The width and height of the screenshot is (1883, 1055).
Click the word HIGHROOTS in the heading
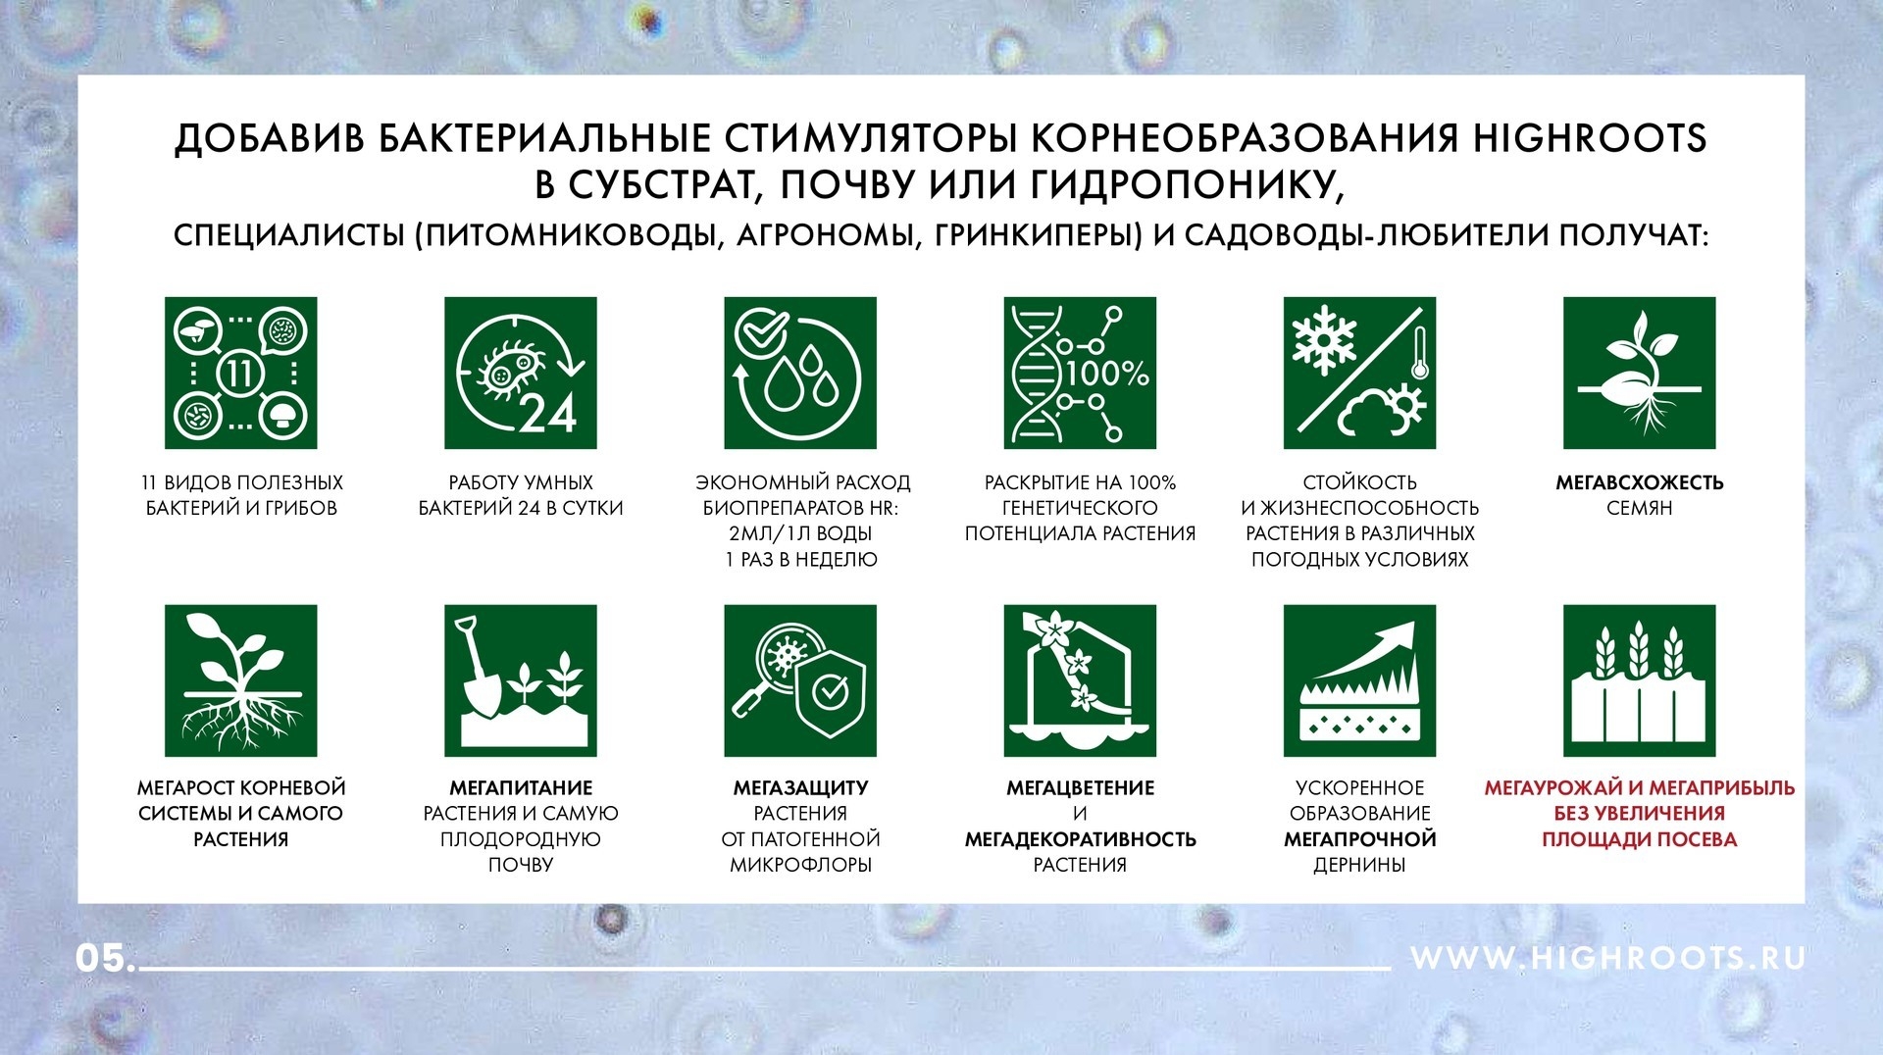tap(1590, 138)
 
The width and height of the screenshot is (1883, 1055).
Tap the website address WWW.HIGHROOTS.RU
tap(1608, 958)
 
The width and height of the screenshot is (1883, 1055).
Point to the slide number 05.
tap(105, 958)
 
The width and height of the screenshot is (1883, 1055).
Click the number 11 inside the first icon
tap(240, 374)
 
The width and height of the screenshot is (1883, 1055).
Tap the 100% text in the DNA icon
tap(1107, 374)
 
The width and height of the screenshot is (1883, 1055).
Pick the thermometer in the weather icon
tap(1419, 353)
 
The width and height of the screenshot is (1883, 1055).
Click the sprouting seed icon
tap(1639, 373)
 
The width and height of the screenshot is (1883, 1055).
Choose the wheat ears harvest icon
tap(1639, 680)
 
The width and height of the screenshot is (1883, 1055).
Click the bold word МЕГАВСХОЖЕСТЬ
tap(1639, 482)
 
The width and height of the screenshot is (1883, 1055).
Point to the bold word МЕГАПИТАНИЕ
tap(521, 787)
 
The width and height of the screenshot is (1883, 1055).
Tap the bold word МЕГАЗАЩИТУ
tap(800, 787)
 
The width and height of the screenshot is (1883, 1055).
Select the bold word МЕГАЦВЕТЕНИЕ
tap(1080, 787)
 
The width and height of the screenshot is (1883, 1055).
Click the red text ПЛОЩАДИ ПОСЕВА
tap(1639, 839)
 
